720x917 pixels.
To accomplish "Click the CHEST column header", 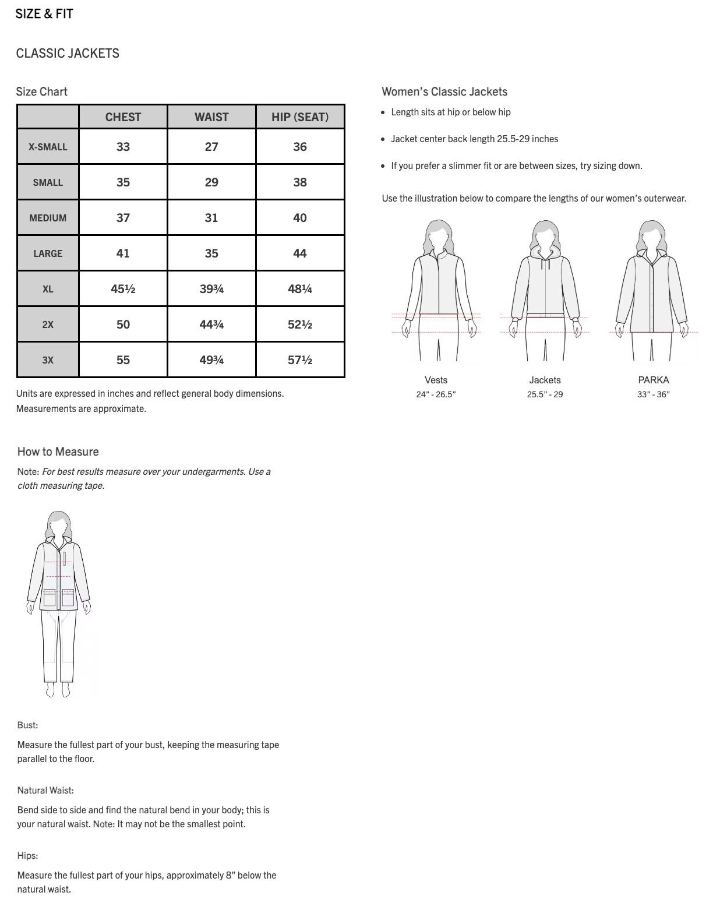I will tap(123, 117).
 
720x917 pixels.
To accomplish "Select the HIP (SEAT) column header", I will tap(299, 117).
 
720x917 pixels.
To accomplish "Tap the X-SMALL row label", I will tap(48, 147).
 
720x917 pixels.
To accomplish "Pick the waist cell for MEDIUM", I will tap(211, 218).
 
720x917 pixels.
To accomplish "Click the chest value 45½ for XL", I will tap(123, 289).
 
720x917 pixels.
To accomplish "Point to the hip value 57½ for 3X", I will tap(299, 360).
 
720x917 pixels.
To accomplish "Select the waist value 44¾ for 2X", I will tap(211, 325).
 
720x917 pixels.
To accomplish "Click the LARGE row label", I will tap(48, 253).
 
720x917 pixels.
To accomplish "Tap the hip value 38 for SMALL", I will tap(299, 182).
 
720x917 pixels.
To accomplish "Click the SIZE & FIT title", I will tap(44, 14).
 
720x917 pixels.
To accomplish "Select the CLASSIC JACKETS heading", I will tap(68, 54).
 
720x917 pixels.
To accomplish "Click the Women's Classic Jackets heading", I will tap(444, 91).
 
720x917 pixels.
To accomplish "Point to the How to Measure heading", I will tap(58, 452).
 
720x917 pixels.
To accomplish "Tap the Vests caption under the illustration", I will tap(436, 380).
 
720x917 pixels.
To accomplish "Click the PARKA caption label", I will tap(653, 380).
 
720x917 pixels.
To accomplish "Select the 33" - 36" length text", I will tap(653, 394).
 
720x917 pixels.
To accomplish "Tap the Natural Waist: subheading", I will tap(45, 791).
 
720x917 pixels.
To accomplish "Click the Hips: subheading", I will tap(27, 856).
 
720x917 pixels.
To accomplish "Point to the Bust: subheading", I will tap(27, 725).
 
